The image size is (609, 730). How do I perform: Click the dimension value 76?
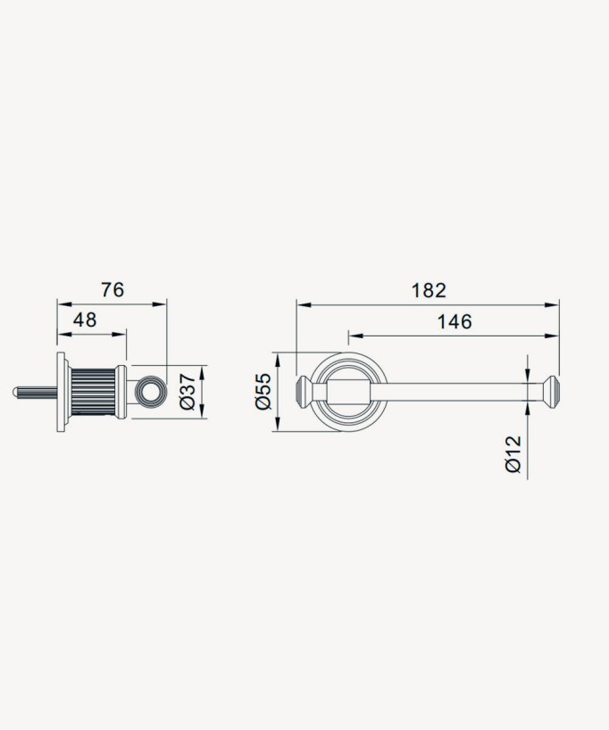click(113, 289)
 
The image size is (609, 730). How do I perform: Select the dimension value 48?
click(85, 319)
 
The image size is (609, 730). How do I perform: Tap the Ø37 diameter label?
click(187, 392)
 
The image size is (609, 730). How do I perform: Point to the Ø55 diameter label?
click(263, 391)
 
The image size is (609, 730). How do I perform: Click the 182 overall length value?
click(429, 291)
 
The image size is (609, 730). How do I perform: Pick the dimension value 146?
click(455, 321)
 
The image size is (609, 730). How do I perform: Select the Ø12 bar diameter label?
click(513, 454)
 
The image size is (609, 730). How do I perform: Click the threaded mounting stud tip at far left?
click(13, 392)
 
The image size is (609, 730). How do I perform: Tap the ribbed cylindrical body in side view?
click(93, 392)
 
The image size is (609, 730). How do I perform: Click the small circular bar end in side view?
click(150, 391)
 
